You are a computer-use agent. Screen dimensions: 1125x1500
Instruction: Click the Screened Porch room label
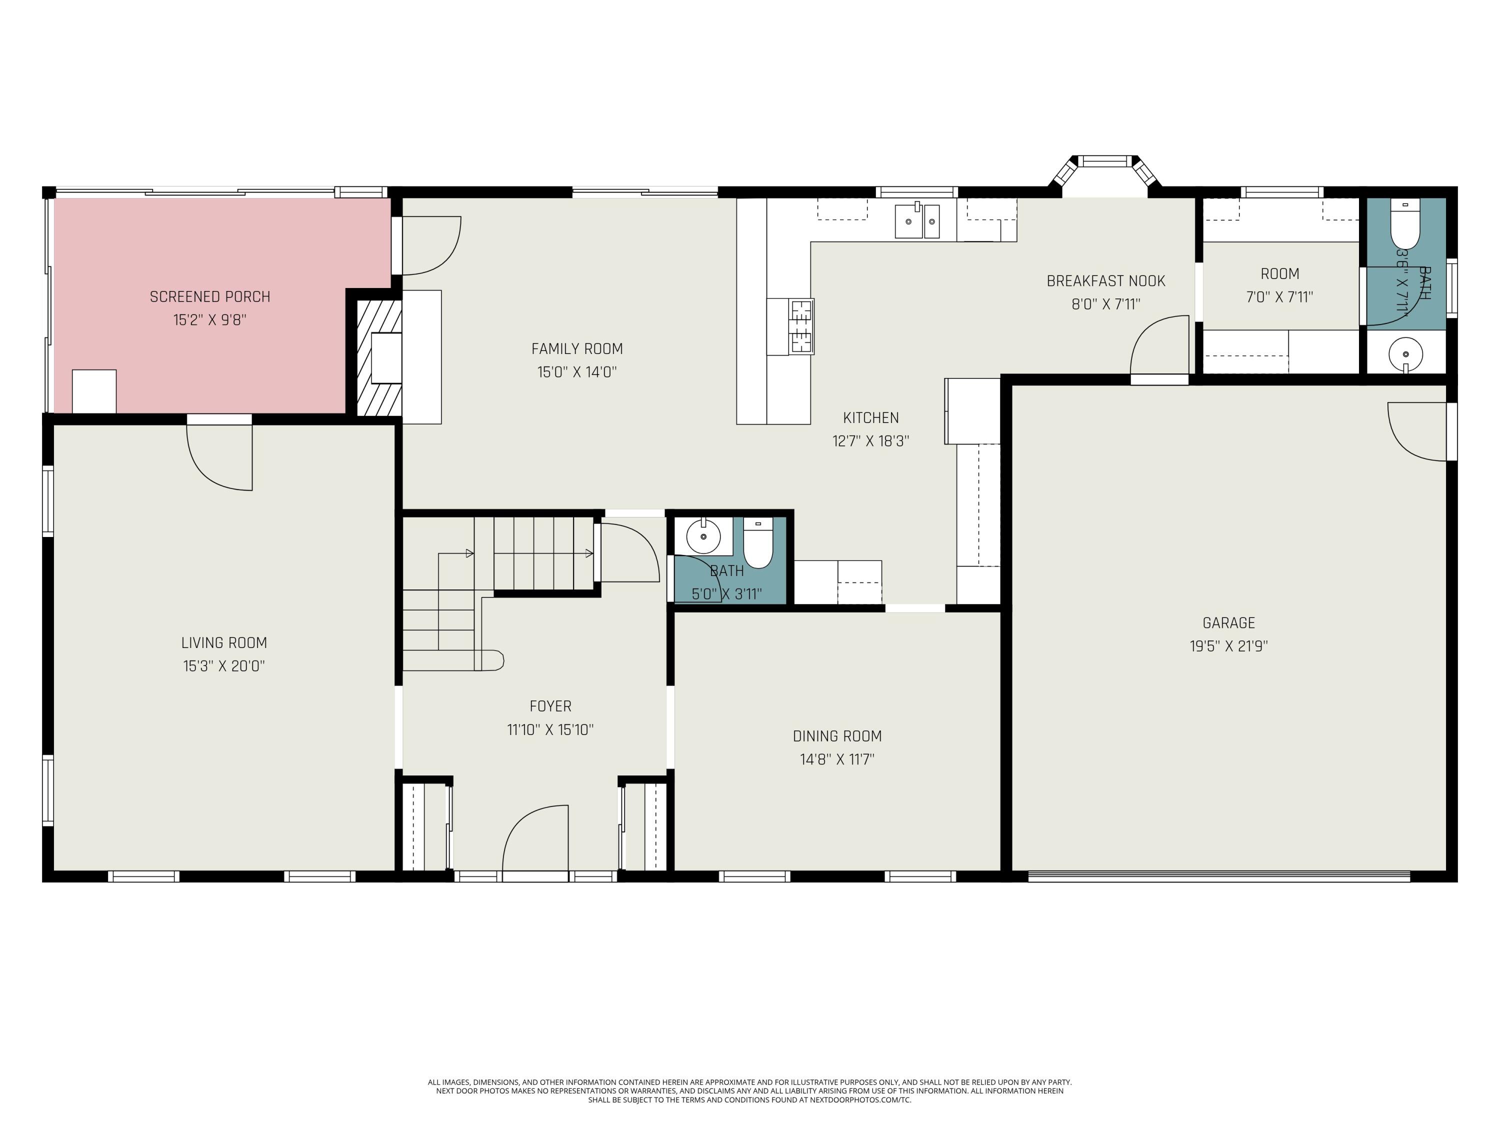[x=209, y=296]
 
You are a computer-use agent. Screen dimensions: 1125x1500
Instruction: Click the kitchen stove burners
[x=801, y=327]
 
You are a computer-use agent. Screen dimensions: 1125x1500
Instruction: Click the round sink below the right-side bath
[x=1405, y=354]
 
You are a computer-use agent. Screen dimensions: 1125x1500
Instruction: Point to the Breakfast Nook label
[x=1105, y=280]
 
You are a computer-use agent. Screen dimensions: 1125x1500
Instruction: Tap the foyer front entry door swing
[x=535, y=839]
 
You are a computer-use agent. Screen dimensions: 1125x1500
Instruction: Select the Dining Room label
[x=837, y=736]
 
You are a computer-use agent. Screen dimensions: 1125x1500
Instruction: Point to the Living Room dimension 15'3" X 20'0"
[x=224, y=666]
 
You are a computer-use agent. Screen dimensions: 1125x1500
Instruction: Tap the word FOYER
[x=550, y=706]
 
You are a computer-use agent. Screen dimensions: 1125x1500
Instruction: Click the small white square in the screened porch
[x=94, y=391]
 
